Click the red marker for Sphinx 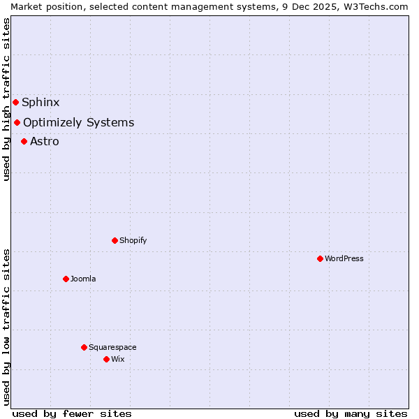(x=15, y=102)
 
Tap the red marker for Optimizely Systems (x=17, y=123)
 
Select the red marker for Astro (x=24, y=141)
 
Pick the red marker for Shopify (x=115, y=240)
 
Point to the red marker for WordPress (x=320, y=258)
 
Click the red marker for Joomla (x=66, y=279)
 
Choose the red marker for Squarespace (x=84, y=347)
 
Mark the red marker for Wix (x=106, y=359)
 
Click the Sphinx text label (x=41, y=102)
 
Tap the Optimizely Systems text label (x=78, y=123)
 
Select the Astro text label (x=45, y=141)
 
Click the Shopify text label (x=133, y=240)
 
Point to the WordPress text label (x=344, y=258)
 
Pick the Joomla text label (x=83, y=279)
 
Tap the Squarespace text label (x=112, y=347)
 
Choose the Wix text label (x=117, y=359)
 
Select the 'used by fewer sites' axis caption (x=72, y=413)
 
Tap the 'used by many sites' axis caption (x=351, y=413)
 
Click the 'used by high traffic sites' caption (x=6, y=99)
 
